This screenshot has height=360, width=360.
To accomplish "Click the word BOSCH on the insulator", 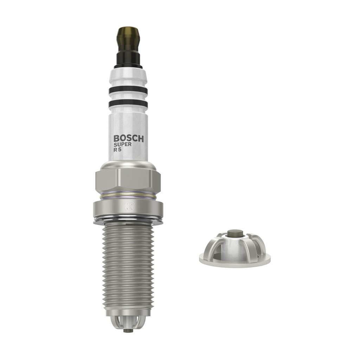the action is pyautogui.click(x=129, y=139).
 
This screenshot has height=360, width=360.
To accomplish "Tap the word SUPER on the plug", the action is pyautogui.click(x=123, y=144).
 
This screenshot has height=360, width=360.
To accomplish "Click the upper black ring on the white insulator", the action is pyautogui.click(x=128, y=91).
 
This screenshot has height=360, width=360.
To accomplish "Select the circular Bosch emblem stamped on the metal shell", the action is pyautogui.click(x=129, y=206).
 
